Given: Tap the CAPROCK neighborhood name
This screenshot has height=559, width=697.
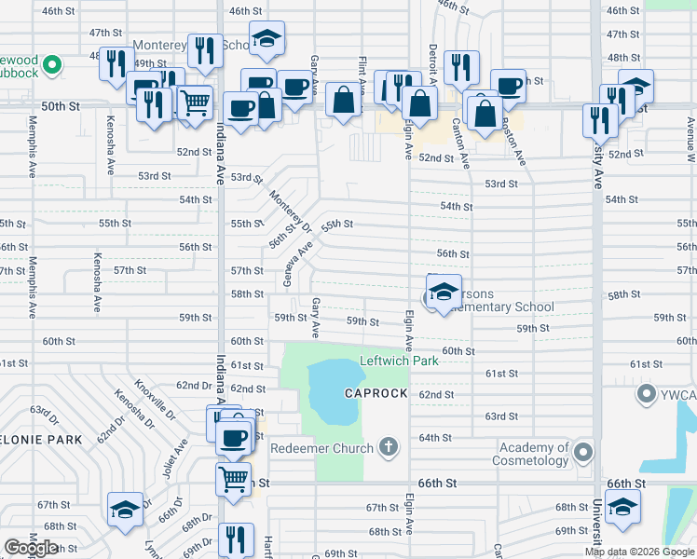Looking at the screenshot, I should pos(376,393).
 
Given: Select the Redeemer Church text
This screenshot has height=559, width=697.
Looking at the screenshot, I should pos(322,448).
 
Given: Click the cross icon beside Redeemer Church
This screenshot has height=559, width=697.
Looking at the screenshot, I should pos(390,448).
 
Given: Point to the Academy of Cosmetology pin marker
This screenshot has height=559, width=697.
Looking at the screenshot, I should pos(583,454).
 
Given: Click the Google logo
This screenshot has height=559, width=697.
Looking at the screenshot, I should pos(31,548).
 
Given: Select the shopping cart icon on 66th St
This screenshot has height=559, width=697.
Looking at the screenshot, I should pos(233,480).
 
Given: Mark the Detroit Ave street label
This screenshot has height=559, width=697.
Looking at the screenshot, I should pos(432,65).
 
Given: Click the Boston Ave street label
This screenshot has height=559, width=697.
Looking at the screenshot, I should pos(513,141).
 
